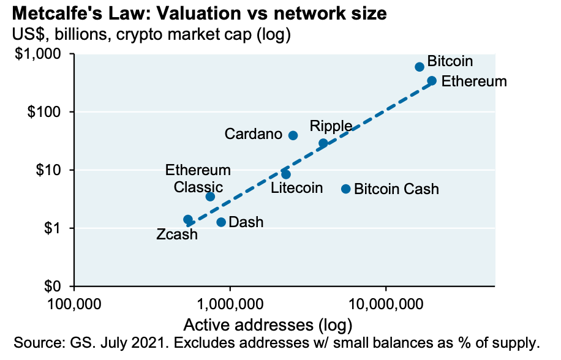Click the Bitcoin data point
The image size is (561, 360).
click(x=420, y=67)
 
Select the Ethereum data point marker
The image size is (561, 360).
click(x=432, y=81)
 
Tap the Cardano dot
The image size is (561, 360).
click(x=293, y=135)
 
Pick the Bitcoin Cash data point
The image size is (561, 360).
click(x=345, y=189)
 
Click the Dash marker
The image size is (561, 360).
click(x=221, y=222)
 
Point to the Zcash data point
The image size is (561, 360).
click(x=188, y=219)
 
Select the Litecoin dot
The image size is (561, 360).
click(x=286, y=174)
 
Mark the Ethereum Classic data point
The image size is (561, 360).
click(x=210, y=197)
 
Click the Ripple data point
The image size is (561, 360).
click(x=323, y=143)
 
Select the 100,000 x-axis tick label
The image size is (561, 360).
click(x=74, y=302)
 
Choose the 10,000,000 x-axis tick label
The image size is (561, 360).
click(x=385, y=302)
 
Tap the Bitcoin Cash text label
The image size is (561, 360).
click(x=396, y=189)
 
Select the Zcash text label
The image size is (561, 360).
click(x=177, y=234)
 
